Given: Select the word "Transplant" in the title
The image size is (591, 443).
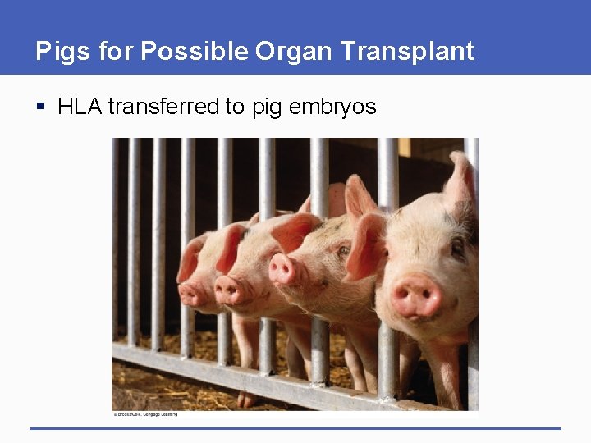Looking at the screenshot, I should [x=407, y=51].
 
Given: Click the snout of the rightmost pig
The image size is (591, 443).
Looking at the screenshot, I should [x=415, y=296].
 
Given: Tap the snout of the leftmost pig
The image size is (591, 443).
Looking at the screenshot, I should [x=192, y=293].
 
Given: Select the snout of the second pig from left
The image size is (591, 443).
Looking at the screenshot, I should [x=230, y=289].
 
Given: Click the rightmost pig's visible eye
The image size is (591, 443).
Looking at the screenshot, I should [x=456, y=246].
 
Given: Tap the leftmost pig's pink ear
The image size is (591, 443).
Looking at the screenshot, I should [x=190, y=258].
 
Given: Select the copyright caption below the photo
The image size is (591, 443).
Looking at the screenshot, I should [x=145, y=414].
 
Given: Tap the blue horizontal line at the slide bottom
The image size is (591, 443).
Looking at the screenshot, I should [x=295, y=428].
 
